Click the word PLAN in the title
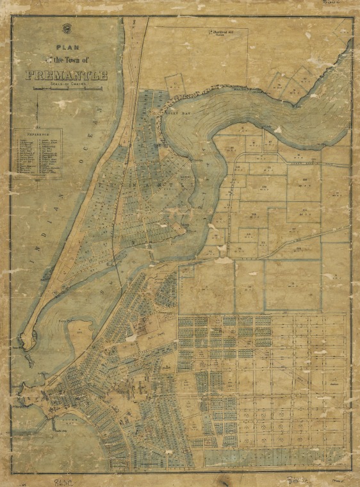(65, 47)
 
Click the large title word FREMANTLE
(67, 76)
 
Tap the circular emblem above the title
(65, 28)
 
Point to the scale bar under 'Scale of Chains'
(67, 89)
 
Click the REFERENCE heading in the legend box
(38, 136)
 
